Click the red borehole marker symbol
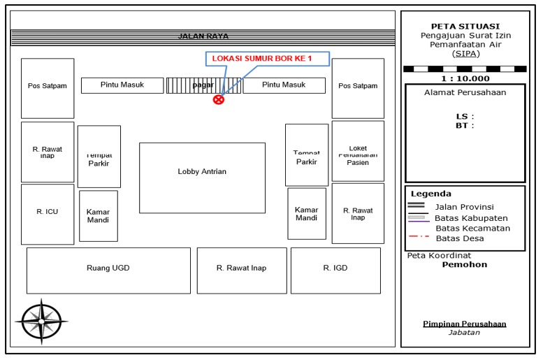pos(219,99)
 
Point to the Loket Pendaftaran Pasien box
pos(358,152)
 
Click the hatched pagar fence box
pos(203,85)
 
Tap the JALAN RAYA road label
pos(203,36)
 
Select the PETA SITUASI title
pos(465,27)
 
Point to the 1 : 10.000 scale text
pos(465,78)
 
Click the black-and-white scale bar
pos(465,69)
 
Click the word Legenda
pos(430,194)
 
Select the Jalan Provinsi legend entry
pos(463,207)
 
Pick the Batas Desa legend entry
pos(459,238)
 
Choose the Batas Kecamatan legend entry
pos(472,228)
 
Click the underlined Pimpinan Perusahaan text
pos(465,324)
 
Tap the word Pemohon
pos(465,265)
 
